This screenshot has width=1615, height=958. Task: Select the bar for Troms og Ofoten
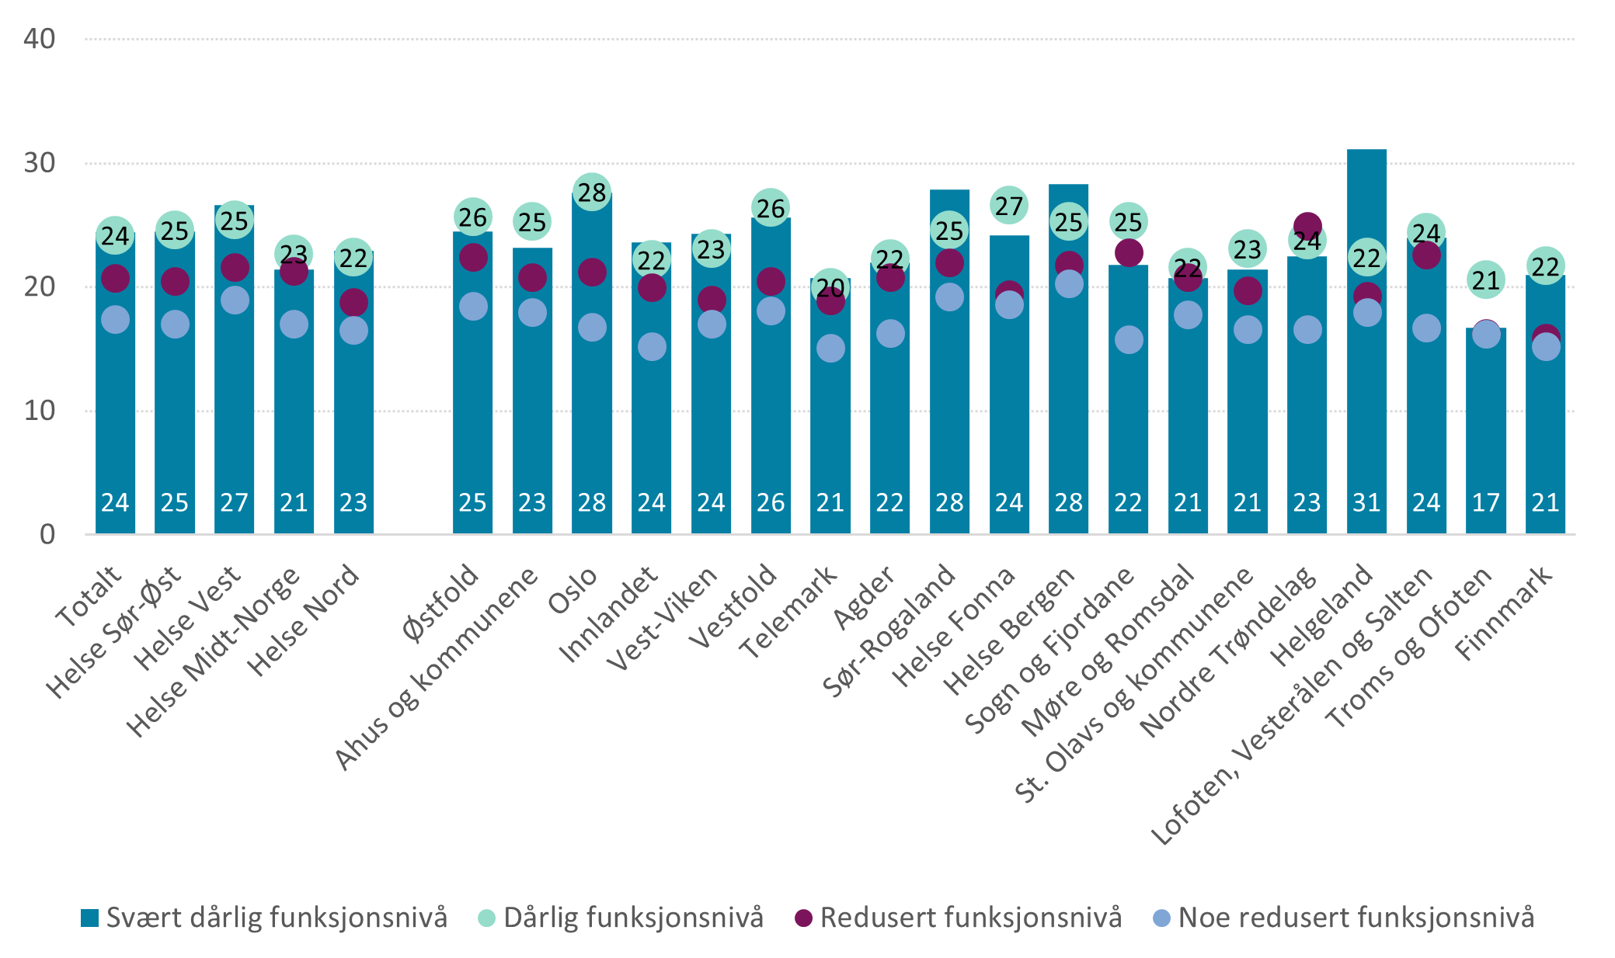point(1485,435)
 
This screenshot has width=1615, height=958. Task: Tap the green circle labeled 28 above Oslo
point(592,193)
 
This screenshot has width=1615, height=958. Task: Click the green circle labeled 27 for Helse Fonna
point(1009,207)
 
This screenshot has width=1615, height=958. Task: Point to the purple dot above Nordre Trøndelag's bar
point(1307,225)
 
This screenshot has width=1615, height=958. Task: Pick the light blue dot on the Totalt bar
point(115,319)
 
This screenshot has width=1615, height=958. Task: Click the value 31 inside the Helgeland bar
point(1366,503)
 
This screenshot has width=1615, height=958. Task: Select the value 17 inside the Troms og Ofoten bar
point(1485,503)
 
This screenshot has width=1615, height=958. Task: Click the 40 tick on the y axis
point(40,39)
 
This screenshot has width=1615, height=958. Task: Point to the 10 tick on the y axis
point(40,411)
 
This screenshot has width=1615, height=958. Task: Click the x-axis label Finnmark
point(1503,613)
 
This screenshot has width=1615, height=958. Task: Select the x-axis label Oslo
point(573,590)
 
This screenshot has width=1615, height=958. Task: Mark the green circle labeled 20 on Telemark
point(830,288)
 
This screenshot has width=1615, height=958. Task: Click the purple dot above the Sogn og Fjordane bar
point(1128,252)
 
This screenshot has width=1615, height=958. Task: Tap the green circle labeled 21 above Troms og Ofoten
point(1485,280)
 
